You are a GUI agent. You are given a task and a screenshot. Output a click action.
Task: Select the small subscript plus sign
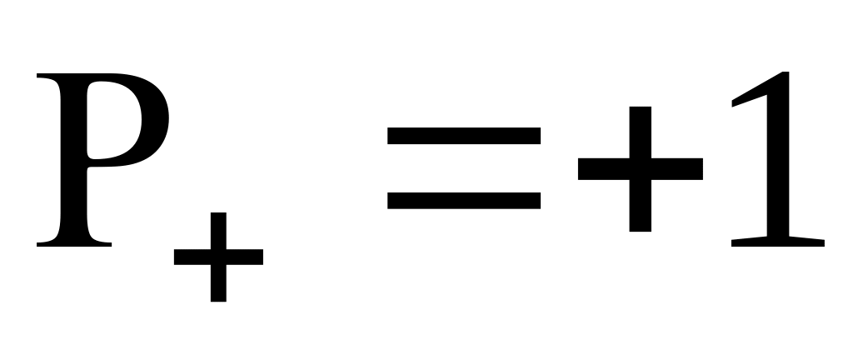[218, 257]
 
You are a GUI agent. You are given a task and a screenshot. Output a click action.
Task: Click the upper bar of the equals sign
[464, 135]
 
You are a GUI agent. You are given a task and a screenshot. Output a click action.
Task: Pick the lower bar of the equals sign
[464, 201]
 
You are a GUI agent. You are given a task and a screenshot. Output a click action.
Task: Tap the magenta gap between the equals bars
[464, 167]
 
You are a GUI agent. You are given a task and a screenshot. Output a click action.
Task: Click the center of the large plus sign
[640, 169]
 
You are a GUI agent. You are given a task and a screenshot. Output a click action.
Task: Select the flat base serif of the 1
[776, 242]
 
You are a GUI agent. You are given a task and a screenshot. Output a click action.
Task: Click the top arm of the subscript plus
[218, 229]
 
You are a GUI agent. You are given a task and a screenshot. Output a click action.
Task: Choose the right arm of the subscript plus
[247, 257]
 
